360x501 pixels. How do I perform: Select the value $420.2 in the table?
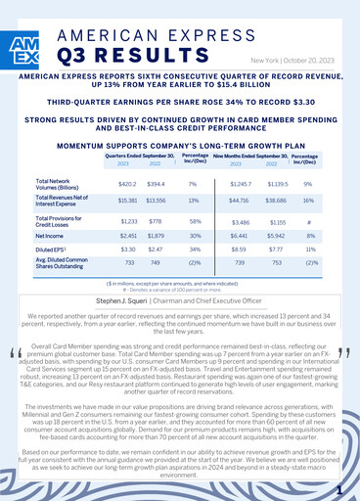(127, 184)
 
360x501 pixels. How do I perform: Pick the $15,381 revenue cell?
(127, 200)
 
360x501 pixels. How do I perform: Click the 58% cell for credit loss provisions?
(194, 223)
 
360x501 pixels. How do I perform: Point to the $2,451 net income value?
(127, 236)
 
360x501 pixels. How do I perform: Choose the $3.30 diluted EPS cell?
(127, 250)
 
